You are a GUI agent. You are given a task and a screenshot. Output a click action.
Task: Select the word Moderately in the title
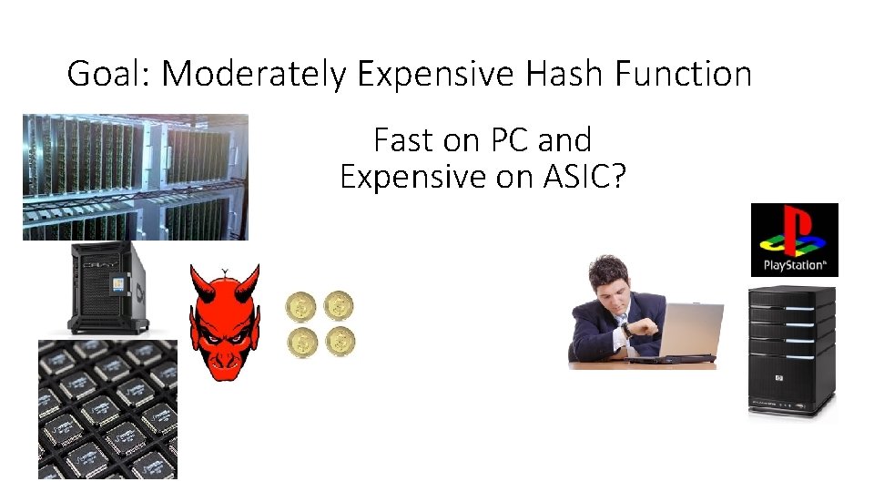pyautogui.click(x=254, y=73)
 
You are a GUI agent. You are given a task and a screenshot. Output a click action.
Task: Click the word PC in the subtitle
pyautogui.click(x=511, y=140)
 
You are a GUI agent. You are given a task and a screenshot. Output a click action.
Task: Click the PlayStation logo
pyautogui.click(x=794, y=240)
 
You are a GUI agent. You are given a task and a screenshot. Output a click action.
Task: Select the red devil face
pyautogui.click(x=224, y=324)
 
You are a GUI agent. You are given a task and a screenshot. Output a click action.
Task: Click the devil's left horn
pyautogui.click(x=199, y=279)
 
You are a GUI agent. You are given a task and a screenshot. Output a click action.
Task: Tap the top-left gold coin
pyautogui.click(x=300, y=305)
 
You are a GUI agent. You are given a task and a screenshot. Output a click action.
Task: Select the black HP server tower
pyautogui.click(x=791, y=351)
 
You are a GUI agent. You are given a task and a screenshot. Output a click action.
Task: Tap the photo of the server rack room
pyautogui.click(x=135, y=176)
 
